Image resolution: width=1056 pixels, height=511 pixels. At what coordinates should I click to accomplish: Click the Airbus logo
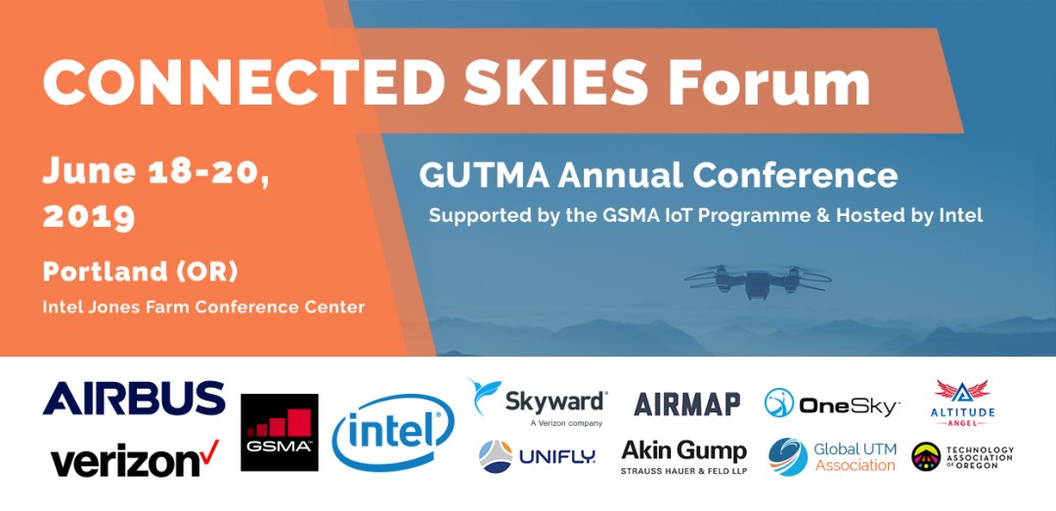tap(134, 398)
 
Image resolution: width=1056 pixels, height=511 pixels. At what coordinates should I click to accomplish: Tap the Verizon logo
tap(135, 459)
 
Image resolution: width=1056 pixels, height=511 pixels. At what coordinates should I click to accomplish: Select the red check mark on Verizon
tap(209, 450)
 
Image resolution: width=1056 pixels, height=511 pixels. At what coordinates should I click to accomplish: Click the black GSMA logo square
tap(280, 432)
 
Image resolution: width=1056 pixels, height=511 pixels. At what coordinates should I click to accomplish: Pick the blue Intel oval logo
tap(393, 432)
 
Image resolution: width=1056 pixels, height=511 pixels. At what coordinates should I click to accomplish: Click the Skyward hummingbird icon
tap(485, 396)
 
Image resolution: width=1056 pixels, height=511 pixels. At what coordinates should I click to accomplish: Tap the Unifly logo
tap(537, 457)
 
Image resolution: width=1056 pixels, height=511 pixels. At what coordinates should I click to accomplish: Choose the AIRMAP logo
tap(687, 404)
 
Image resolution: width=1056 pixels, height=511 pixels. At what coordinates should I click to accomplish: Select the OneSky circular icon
tap(778, 403)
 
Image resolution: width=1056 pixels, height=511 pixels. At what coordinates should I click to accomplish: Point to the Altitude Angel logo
tap(962, 403)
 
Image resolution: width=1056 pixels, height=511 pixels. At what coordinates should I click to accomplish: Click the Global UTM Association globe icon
tap(788, 457)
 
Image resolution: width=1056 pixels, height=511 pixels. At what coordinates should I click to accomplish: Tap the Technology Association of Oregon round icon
tap(926, 456)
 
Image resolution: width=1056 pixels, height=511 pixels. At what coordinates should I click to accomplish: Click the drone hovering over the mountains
tap(758, 280)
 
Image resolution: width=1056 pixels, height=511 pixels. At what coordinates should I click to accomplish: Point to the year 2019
tap(89, 217)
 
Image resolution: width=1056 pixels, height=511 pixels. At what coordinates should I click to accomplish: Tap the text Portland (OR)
tap(140, 272)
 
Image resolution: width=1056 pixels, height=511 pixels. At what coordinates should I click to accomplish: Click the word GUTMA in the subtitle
tap(484, 176)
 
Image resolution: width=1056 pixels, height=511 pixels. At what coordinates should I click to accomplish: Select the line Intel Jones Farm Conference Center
tap(203, 308)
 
